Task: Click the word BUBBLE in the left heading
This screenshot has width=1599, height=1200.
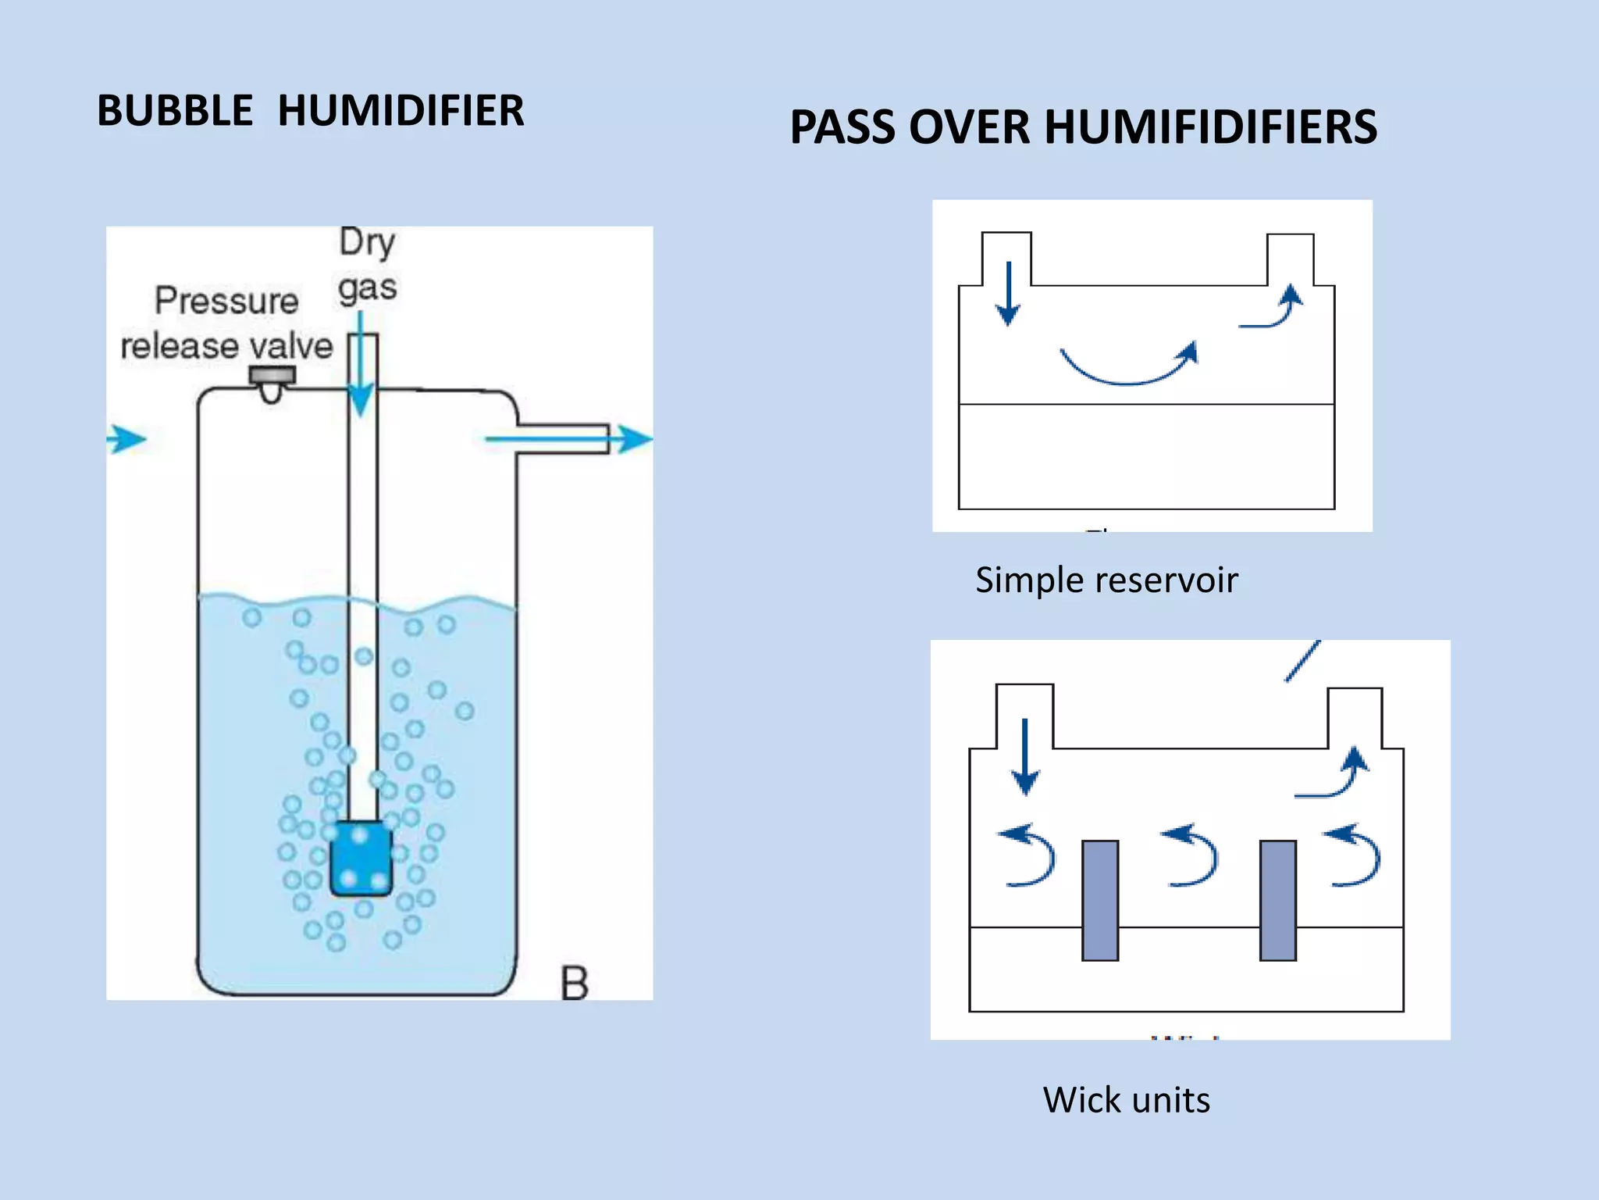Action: (x=175, y=110)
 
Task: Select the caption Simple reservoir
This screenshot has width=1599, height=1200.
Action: (x=1106, y=580)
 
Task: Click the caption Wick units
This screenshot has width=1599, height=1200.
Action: (x=1126, y=1100)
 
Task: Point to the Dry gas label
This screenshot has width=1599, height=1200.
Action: (x=368, y=265)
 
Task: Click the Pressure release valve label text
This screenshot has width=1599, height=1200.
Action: (x=226, y=323)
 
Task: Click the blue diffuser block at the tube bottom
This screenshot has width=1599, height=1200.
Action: (x=361, y=858)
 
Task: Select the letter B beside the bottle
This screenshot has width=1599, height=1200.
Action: (x=575, y=984)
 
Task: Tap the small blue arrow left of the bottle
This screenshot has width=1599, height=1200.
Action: (x=126, y=439)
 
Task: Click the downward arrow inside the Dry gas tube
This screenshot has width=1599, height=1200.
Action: (x=361, y=367)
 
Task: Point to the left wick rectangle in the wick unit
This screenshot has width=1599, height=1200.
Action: (x=1100, y=900)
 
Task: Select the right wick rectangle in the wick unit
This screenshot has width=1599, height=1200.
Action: (x=1278, y=900)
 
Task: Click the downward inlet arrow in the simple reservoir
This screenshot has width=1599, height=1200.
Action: (x=1008, y=294)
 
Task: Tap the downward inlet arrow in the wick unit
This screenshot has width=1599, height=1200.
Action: (x=1025, y=756)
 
